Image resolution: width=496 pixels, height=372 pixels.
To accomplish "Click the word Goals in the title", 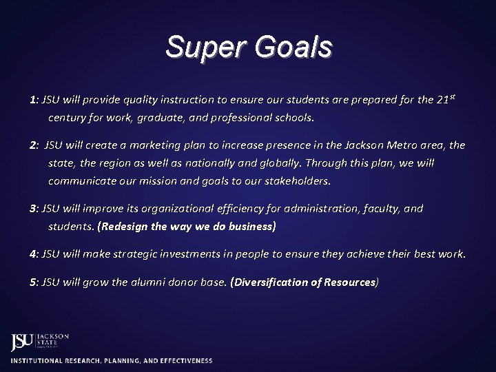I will (293, 48).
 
